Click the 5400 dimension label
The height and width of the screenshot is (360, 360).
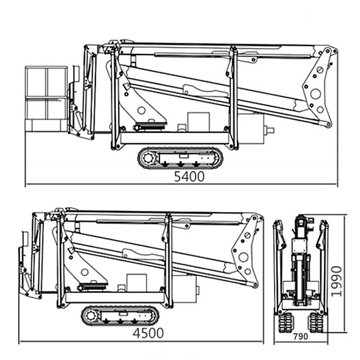[189, 176]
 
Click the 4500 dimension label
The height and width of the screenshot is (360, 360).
[148, 333]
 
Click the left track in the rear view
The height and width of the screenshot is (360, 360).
[286, 322]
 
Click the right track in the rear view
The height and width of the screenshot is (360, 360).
[316, 322]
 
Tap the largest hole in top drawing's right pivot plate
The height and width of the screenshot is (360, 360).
[315, 94]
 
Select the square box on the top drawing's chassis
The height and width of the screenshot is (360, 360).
[198, 122]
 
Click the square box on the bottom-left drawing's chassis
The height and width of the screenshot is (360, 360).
[137, 283]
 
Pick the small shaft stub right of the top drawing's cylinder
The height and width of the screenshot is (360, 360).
[270, 130]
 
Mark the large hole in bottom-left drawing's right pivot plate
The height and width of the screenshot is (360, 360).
[243, 257]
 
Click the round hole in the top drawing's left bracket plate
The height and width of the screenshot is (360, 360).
[141, 110]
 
